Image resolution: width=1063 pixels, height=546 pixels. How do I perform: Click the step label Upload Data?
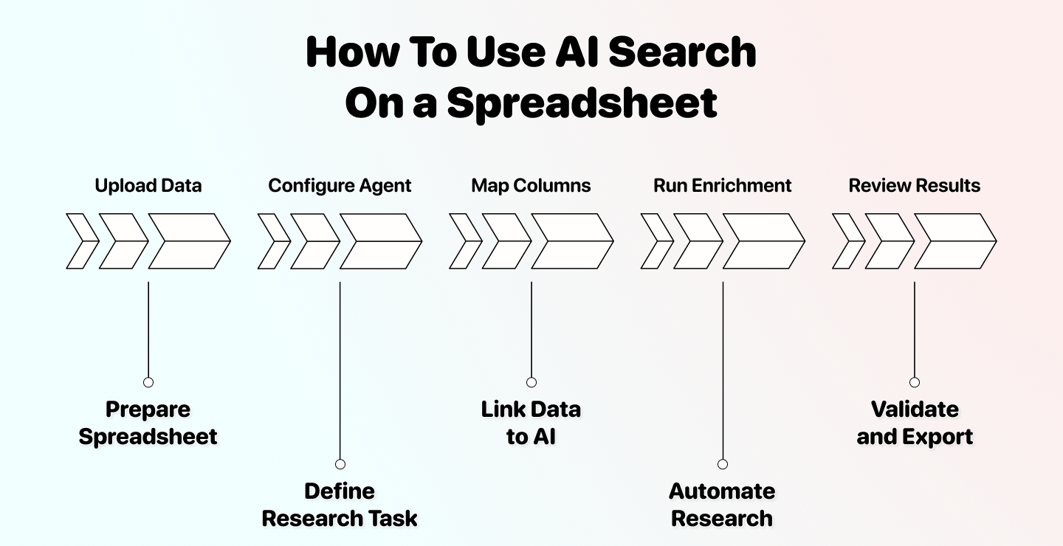click(148, 185)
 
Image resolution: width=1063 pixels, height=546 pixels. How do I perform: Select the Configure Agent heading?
click(340, 185)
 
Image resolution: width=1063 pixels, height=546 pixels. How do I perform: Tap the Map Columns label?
click(531, 185)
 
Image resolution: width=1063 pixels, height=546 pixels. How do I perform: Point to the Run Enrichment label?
click(722, 185)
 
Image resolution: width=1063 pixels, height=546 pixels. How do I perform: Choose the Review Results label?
click(914, 185)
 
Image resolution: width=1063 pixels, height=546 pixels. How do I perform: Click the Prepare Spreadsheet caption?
click(148, 423)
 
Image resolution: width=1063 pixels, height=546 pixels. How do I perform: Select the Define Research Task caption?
click(340, 505)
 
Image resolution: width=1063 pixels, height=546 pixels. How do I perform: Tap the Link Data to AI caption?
click(531, 423)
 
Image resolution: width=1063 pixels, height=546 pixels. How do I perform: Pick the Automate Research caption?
click(722, 505)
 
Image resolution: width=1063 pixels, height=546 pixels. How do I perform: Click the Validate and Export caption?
click(915, 423)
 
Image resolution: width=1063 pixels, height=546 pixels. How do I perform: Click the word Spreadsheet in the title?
click(582, 103)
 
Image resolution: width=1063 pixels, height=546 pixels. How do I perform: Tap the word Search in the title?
click(683, 53)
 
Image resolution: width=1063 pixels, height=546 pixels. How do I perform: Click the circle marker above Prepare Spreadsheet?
click(148, 382)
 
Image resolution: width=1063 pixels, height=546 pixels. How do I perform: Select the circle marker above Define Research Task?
click(340, 464)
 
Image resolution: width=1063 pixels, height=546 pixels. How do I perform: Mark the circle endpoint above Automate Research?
click(723, 464)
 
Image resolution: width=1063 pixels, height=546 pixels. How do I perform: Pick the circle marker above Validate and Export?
click(915, 382)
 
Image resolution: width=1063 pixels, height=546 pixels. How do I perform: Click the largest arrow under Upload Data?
click(188, 241)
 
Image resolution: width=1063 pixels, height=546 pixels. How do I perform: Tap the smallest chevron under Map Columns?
click(464, 241)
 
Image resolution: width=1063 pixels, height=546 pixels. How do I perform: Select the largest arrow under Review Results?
click(954, 241)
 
